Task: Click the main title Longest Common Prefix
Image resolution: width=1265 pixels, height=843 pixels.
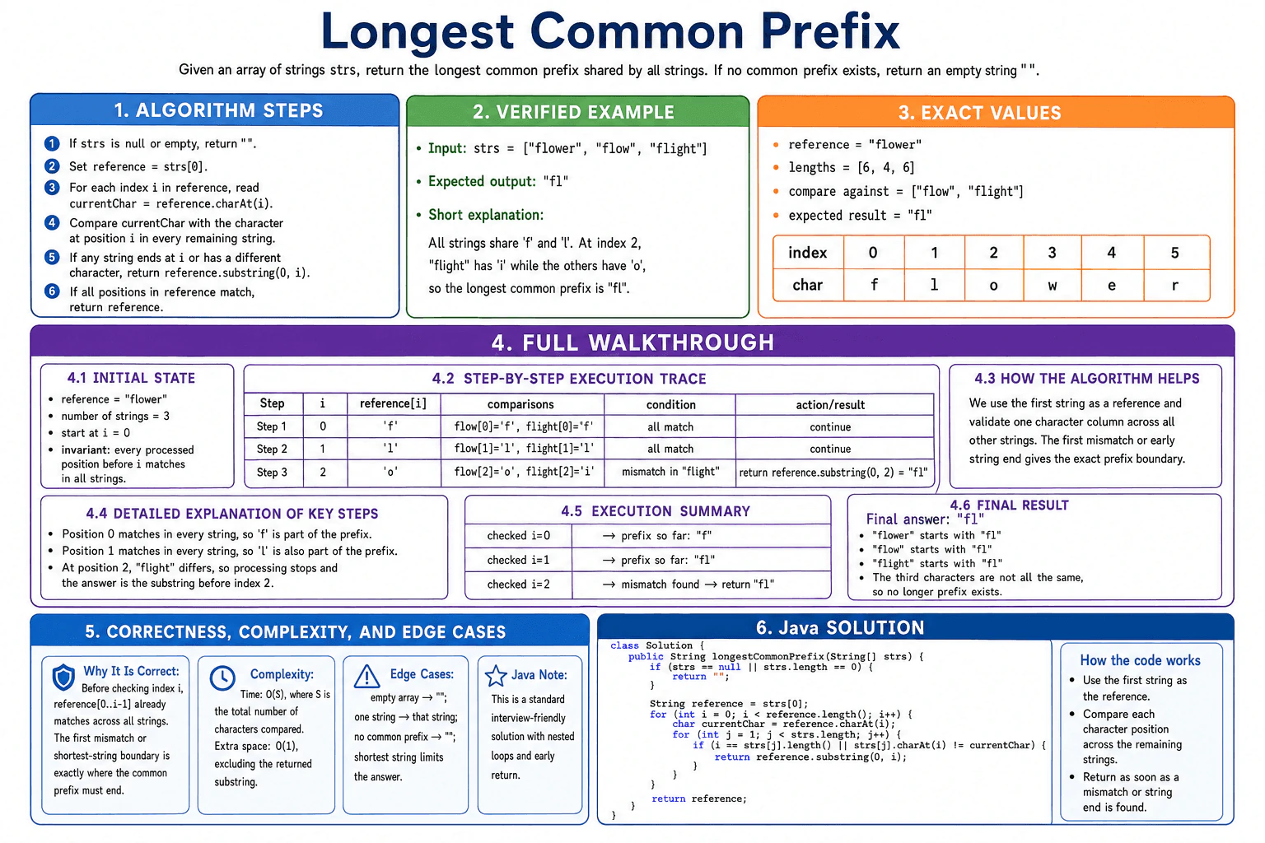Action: pos(610,31)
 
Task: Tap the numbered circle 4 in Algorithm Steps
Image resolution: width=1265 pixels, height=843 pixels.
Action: pos(52,222)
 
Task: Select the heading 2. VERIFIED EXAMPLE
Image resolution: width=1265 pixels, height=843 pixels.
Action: pos(573,112)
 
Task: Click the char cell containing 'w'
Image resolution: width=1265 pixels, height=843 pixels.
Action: pos(1052,285)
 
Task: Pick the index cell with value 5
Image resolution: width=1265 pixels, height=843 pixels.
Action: pos(1175,253)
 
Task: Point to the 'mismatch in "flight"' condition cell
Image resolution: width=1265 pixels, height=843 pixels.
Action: pos(670,472)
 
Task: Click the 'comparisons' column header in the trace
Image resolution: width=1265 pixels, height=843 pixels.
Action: pos(520,404)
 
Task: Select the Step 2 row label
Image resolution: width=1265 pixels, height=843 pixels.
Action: pos(273,449)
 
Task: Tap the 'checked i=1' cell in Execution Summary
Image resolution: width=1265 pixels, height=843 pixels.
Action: pos(518,560)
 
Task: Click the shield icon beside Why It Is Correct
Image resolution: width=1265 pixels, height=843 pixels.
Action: pos(63,677)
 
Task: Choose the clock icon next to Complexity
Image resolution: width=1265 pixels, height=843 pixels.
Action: pos(222,678)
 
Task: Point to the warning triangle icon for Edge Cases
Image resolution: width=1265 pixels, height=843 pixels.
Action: pos(366,677)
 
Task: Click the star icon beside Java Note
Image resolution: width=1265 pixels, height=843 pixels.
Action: pos(496,676)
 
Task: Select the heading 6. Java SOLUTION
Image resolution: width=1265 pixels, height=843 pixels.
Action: pos(840,627)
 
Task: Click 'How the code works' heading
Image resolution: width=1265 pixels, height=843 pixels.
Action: pos(1140,660)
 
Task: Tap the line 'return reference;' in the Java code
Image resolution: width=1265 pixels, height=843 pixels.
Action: pos(699,799)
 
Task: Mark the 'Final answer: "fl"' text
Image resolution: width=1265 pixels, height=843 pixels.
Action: pos(925,519)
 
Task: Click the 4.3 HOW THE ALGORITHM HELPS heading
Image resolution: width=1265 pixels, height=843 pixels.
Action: pos(1086,379)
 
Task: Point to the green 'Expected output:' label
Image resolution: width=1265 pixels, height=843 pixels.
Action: pos(482,181)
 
